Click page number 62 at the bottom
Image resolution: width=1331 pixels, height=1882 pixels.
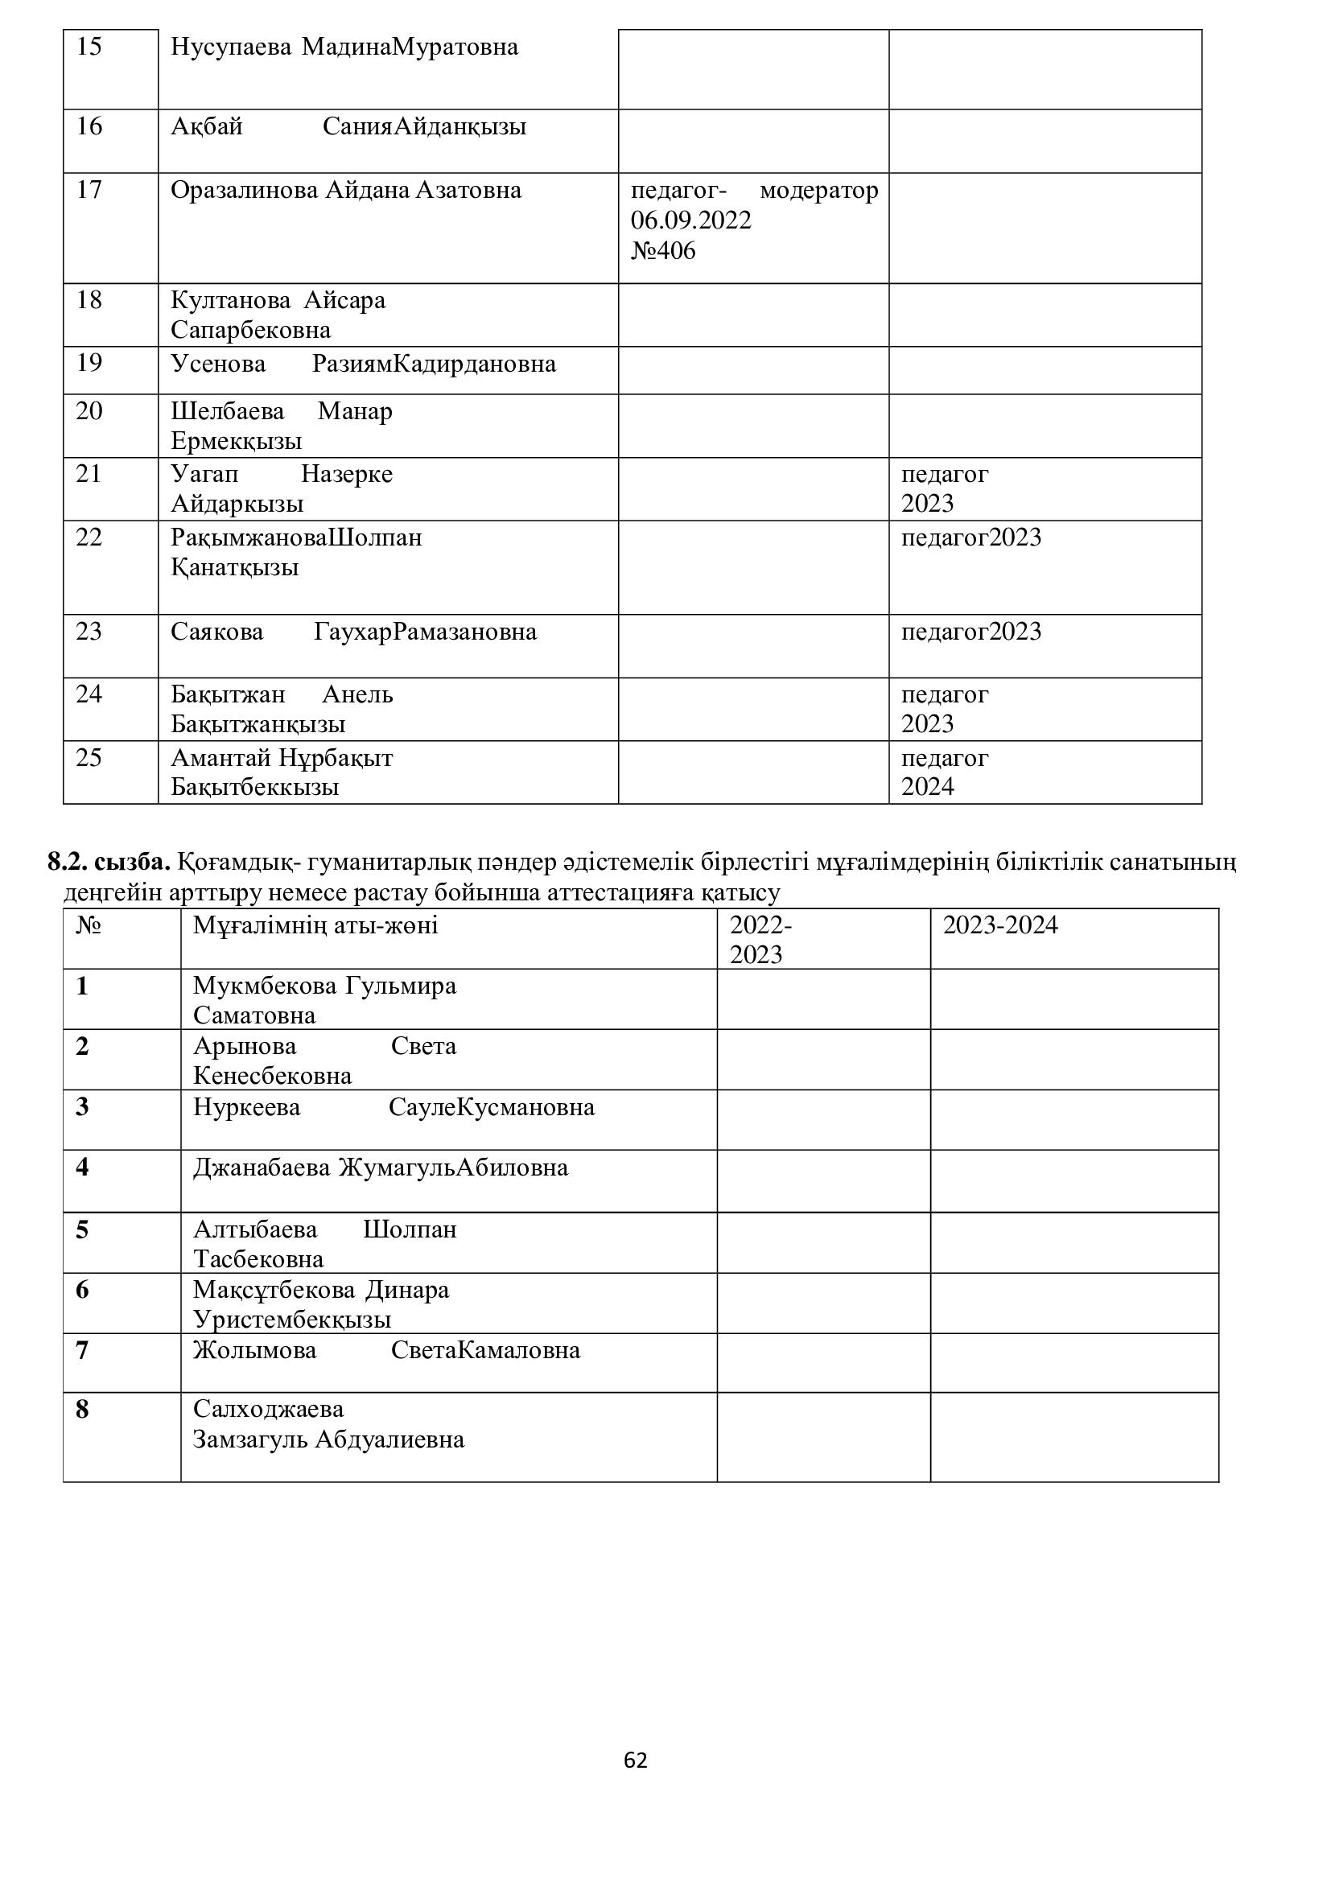click(x=635, y=1760)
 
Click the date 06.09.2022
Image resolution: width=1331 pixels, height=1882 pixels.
click(x=690, y=220)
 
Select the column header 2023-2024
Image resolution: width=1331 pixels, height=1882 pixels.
click(x=1000, y=925)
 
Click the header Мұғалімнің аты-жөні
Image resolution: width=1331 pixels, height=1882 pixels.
click(x=315, y=926)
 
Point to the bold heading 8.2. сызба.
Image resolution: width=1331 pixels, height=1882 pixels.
click(x=109, y=863)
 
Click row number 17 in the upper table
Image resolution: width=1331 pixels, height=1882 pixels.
click(x=89, y=190)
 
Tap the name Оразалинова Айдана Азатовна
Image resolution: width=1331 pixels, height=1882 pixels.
click(x=346, y=190)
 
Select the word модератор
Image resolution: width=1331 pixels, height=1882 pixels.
click(x=818, y=190)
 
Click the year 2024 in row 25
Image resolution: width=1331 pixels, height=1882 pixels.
click(x=928, y=787)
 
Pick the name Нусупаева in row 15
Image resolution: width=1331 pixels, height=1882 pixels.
click(x=230, y=47)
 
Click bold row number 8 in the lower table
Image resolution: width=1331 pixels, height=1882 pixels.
click(x=82, y=1410)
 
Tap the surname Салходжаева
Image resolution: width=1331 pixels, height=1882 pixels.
click(x=268, y=1409)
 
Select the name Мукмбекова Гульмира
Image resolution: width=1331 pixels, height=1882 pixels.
click(x=324, y=986)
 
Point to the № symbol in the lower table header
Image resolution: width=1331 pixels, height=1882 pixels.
click(x=88, y=926)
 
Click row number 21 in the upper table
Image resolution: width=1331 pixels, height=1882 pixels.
click(x=89, y=474)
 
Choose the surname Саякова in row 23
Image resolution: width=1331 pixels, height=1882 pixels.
click(x=217, y=632)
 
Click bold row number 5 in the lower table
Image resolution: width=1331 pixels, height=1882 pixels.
click(x=82, y=1229)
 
